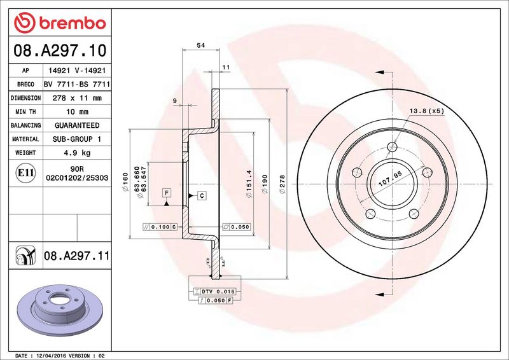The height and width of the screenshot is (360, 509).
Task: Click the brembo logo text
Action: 73,24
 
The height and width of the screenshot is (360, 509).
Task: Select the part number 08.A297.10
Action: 60,50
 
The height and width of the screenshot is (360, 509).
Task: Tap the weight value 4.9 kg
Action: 77,153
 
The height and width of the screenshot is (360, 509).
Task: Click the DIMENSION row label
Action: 25,98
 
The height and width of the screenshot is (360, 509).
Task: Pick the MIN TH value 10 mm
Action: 77,112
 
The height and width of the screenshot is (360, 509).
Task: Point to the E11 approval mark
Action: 25,173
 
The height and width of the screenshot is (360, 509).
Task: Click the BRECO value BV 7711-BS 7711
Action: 77,85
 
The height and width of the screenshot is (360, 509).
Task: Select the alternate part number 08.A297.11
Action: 76,256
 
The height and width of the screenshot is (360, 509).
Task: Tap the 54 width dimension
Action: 201,45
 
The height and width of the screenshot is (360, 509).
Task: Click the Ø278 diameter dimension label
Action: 282,184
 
